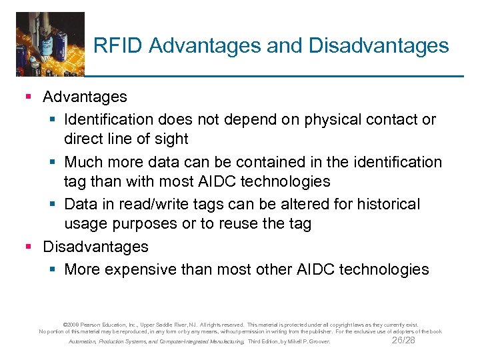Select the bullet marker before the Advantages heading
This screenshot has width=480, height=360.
[27, 97]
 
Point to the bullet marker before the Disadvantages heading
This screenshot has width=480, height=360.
[27, 247]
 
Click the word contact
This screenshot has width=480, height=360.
[396, 120]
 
